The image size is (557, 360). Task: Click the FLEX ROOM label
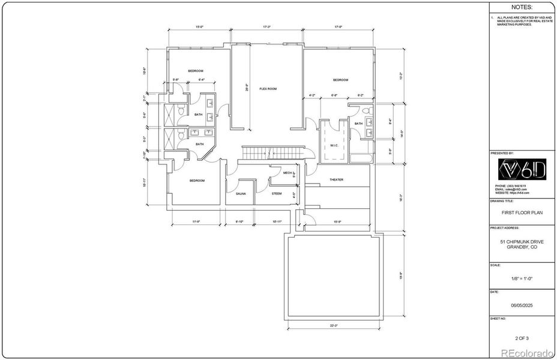(x=268, y=89)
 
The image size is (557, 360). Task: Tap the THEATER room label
(x=336, y=179)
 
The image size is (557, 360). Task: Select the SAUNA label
(x=240, y=194)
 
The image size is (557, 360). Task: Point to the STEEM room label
(x=277, y=194)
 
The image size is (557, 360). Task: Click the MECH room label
(x=279, y=173)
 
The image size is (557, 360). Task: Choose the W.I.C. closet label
(x=334, y=145)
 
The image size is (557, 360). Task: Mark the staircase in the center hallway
(x=274, y=154)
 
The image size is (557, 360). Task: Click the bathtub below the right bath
(x=360, y=159)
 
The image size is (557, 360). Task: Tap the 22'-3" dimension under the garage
(x=334, y=326)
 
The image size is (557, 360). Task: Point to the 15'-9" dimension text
(x=337, y=221)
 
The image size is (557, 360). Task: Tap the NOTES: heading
(x=521, y=8)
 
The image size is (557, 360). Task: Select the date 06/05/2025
(x=521, y=305)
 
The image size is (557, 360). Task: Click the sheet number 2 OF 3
(x=521, y=338)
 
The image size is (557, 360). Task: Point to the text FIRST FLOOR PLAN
(x=521, y=212)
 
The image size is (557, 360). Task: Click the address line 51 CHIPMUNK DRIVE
(x=521, y=242)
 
